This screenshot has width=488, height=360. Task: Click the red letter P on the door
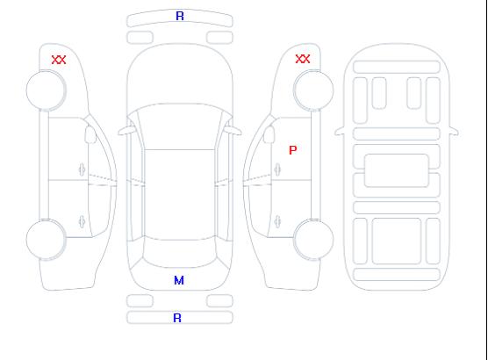pos(293,150)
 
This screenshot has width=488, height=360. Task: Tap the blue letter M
pos(179,281)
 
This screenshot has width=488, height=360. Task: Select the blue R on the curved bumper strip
pos(180,16)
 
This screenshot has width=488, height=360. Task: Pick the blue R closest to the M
pos(177,318)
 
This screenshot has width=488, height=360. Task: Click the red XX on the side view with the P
pos(303,59)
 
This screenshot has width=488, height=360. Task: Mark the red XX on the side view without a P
pos(59,60)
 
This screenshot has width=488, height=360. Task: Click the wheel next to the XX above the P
pos(313,90)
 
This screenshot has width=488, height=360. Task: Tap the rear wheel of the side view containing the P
pos(313,239)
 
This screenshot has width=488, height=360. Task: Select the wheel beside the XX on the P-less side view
pos(46,90)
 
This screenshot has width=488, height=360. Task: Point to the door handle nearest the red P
pos(277,169)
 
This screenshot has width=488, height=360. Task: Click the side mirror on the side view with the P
pos(269,134)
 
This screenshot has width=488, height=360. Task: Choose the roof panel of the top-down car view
pos(180,195)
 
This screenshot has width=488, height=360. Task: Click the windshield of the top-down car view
pos(180,126)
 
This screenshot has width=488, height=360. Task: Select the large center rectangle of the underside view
pos(397,170)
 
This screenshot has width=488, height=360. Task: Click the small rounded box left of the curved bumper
pos(140,38)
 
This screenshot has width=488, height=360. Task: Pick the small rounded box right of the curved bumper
pos(219,38)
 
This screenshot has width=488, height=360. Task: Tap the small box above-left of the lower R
pos(140,301)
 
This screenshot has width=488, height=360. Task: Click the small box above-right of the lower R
pos(219,301)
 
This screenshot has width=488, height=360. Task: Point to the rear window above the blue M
pos(180,253)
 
